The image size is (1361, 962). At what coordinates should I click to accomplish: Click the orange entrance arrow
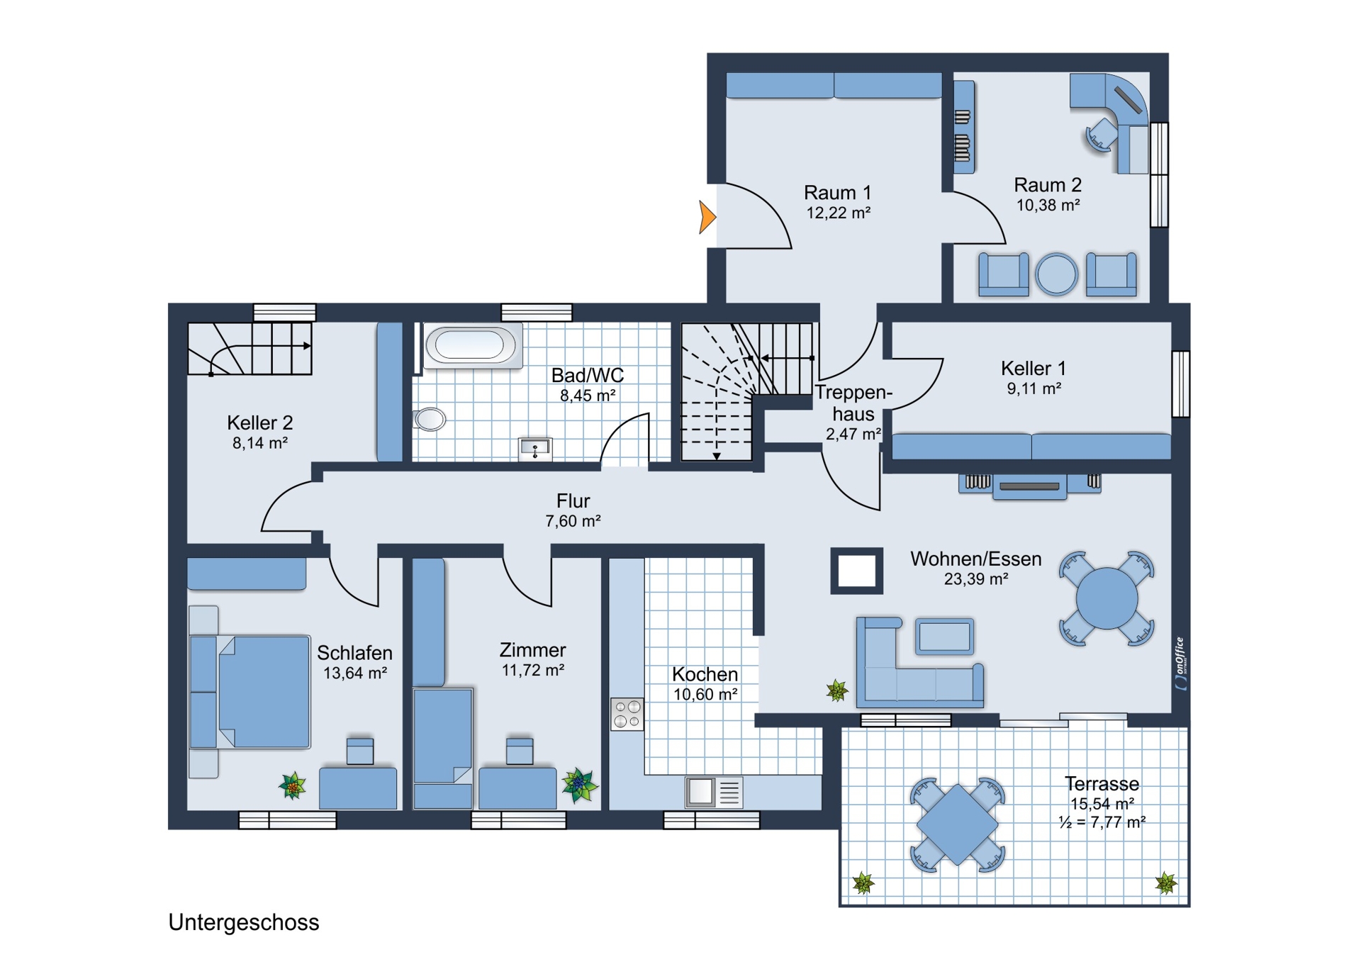click(x=707, y=217)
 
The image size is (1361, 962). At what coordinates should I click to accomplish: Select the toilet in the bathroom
click(x=429, y=419)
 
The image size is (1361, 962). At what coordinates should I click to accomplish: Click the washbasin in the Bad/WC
click(x=535, y=449)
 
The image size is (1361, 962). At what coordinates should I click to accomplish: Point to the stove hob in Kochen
click(x=627, y=714)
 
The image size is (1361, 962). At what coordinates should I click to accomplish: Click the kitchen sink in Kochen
click(x=714, y=792)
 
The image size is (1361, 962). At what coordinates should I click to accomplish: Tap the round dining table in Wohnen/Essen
click(x=1107, y=599)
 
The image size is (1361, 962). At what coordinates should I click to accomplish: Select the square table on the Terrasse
click(x=957, y=824)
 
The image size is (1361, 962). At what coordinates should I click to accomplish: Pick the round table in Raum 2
click(x=1056, y=274)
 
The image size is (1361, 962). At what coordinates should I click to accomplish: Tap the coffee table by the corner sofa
click(x=944, y=636)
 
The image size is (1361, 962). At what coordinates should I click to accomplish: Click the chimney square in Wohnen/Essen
click(x=856, y=571)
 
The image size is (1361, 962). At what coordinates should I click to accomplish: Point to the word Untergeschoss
click(x=244, y=922)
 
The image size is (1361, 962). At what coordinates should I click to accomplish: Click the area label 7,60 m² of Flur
click(x=573, y=521)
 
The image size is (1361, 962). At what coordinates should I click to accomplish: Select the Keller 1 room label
click(x=1033, y=368)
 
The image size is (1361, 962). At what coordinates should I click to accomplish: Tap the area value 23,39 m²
click(x=976, y=579)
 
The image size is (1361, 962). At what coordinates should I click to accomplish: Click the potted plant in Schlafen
click(x=293, y=785)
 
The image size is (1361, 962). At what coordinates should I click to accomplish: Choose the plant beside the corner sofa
click(x=837, y=690)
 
